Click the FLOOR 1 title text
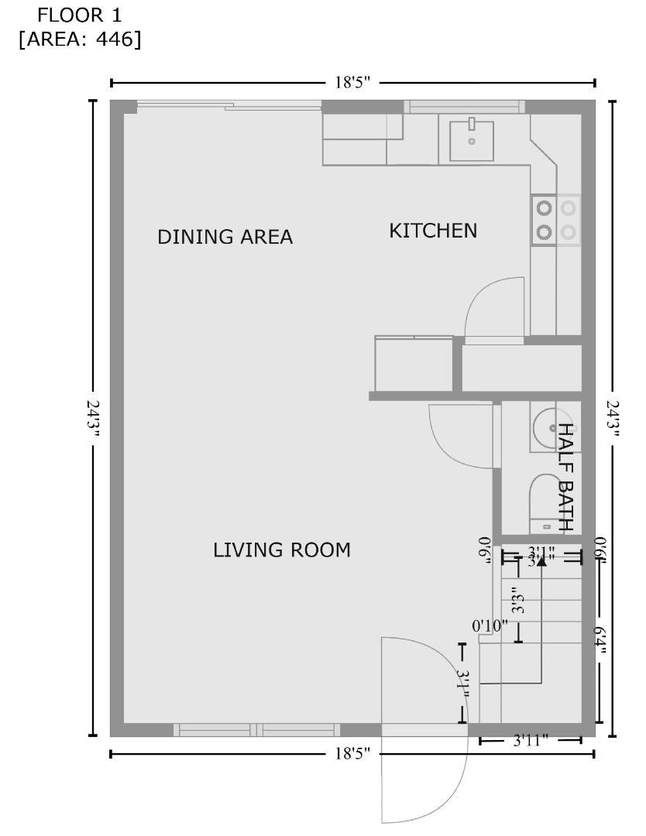[80, 14]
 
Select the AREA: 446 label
[80, 39]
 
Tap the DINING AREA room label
[225, 237]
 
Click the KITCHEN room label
[433, 231]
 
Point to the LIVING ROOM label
[282, 550]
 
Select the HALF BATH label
[566, 477]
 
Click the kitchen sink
[472, 139]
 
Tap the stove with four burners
[556, 220]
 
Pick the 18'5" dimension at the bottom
[352, 753]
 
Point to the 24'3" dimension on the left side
[94, 418]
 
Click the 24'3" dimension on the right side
[613, 418]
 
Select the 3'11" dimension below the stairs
[531, 741]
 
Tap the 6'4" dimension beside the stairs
[599, 640]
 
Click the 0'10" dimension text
[490, 625]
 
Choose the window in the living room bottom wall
[256, 729]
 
